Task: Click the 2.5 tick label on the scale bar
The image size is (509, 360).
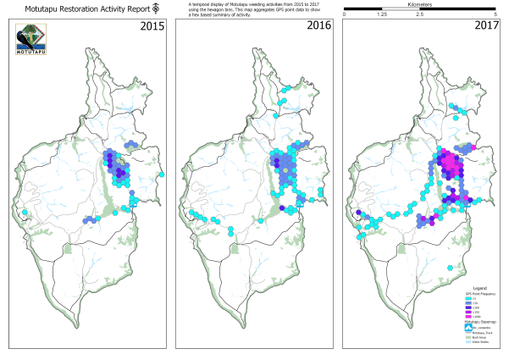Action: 420,15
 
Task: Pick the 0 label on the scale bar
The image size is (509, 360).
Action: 345,15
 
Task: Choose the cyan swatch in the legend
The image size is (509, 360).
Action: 467,298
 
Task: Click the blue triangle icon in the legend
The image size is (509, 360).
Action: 467,327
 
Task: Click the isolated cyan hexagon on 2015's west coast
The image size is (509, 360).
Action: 25,212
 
